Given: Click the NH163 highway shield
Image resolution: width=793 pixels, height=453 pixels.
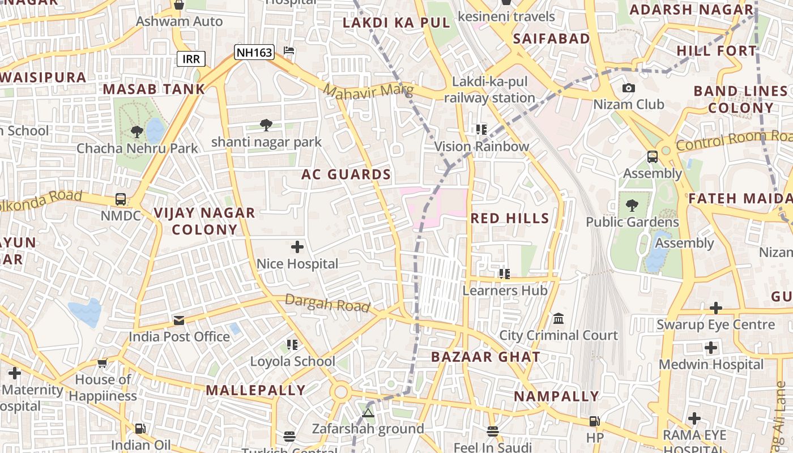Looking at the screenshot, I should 254,53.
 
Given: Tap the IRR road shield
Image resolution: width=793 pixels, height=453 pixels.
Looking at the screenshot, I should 191,59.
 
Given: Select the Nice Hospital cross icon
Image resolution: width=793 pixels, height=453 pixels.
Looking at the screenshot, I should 297,247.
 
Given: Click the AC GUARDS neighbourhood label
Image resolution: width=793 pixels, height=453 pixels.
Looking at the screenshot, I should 346,174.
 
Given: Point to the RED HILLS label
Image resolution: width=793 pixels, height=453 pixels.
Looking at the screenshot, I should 510,218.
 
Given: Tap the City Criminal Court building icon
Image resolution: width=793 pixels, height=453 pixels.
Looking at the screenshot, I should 558,318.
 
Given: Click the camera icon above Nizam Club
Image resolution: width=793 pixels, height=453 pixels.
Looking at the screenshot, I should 628,88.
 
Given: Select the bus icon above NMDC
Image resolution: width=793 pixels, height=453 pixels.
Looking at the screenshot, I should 121,199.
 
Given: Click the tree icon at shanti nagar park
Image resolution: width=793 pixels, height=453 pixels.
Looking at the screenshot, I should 266,125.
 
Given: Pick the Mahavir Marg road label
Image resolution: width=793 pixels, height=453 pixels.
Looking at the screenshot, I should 368,91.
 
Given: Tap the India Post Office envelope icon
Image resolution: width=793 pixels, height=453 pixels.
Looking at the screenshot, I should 179,320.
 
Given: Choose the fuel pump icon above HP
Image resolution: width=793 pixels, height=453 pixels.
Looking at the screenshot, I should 594,421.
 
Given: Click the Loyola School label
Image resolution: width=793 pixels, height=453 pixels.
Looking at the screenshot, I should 292,361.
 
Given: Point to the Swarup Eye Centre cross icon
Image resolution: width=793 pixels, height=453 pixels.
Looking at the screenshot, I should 716,308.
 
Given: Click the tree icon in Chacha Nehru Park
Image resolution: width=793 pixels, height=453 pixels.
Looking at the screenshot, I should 137,132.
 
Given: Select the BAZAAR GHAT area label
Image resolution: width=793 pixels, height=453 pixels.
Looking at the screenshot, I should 485,357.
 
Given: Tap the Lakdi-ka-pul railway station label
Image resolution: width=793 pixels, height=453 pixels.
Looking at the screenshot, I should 489,89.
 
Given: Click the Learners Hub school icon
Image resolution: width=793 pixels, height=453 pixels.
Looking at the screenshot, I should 504,274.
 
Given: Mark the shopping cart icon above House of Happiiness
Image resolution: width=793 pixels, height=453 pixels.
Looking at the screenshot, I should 102,363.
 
